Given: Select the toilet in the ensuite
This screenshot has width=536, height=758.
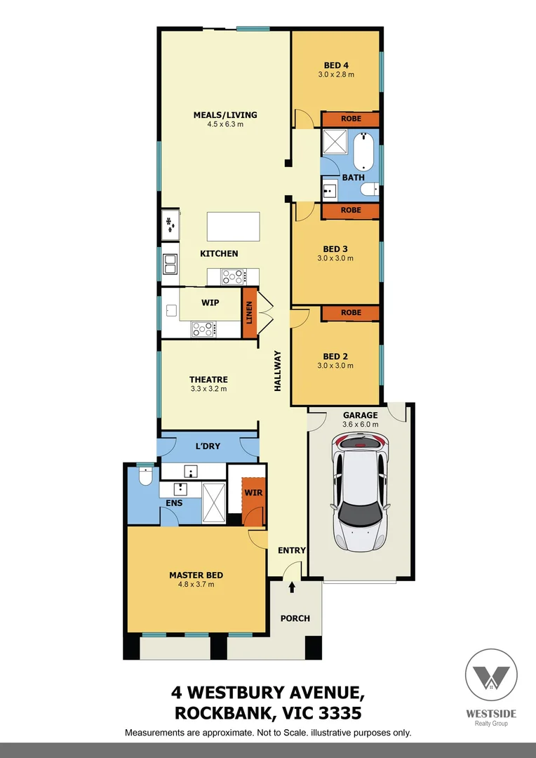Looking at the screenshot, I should (146, 477).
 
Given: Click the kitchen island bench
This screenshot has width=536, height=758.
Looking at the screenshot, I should (233, 227).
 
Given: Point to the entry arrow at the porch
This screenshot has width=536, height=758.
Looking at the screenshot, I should (292, 587).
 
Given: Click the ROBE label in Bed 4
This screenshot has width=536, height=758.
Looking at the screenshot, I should (351, 119).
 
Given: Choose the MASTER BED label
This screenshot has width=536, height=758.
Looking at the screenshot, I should (196, 575).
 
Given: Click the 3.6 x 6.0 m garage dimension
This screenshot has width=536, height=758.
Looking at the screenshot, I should (361, 424).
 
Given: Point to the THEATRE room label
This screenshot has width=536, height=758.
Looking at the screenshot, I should (208, 380).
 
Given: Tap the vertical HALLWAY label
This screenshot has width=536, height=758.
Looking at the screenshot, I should (277, 370).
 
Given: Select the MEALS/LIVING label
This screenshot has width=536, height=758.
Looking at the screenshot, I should (225, 115).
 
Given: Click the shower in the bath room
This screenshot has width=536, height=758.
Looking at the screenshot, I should (334, 144).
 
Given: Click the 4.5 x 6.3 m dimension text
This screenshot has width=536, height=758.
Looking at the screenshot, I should (225, 124).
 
